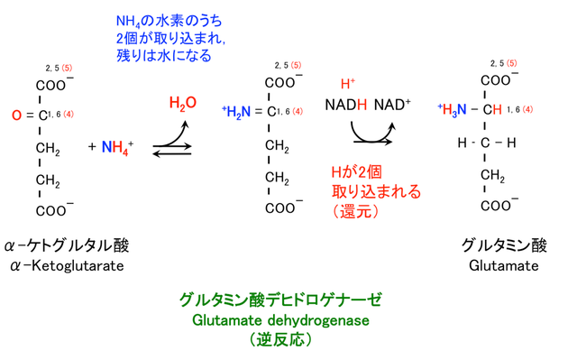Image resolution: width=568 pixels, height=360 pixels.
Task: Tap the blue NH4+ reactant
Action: coord(117,146)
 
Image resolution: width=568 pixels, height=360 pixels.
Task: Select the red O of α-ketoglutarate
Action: coord(16,115)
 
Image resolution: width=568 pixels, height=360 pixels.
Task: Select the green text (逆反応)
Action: coord(281,340)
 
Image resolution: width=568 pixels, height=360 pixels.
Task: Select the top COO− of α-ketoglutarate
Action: coord(54,86)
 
